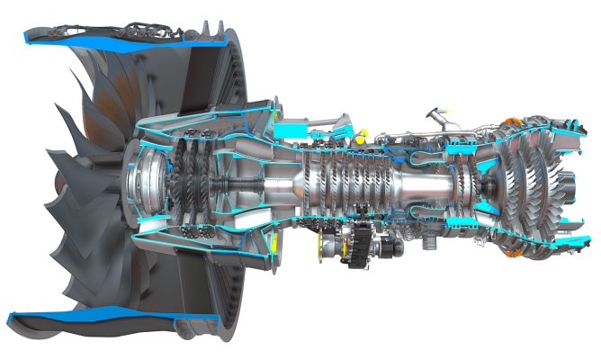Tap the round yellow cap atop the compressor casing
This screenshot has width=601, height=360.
(x=359, y=139)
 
